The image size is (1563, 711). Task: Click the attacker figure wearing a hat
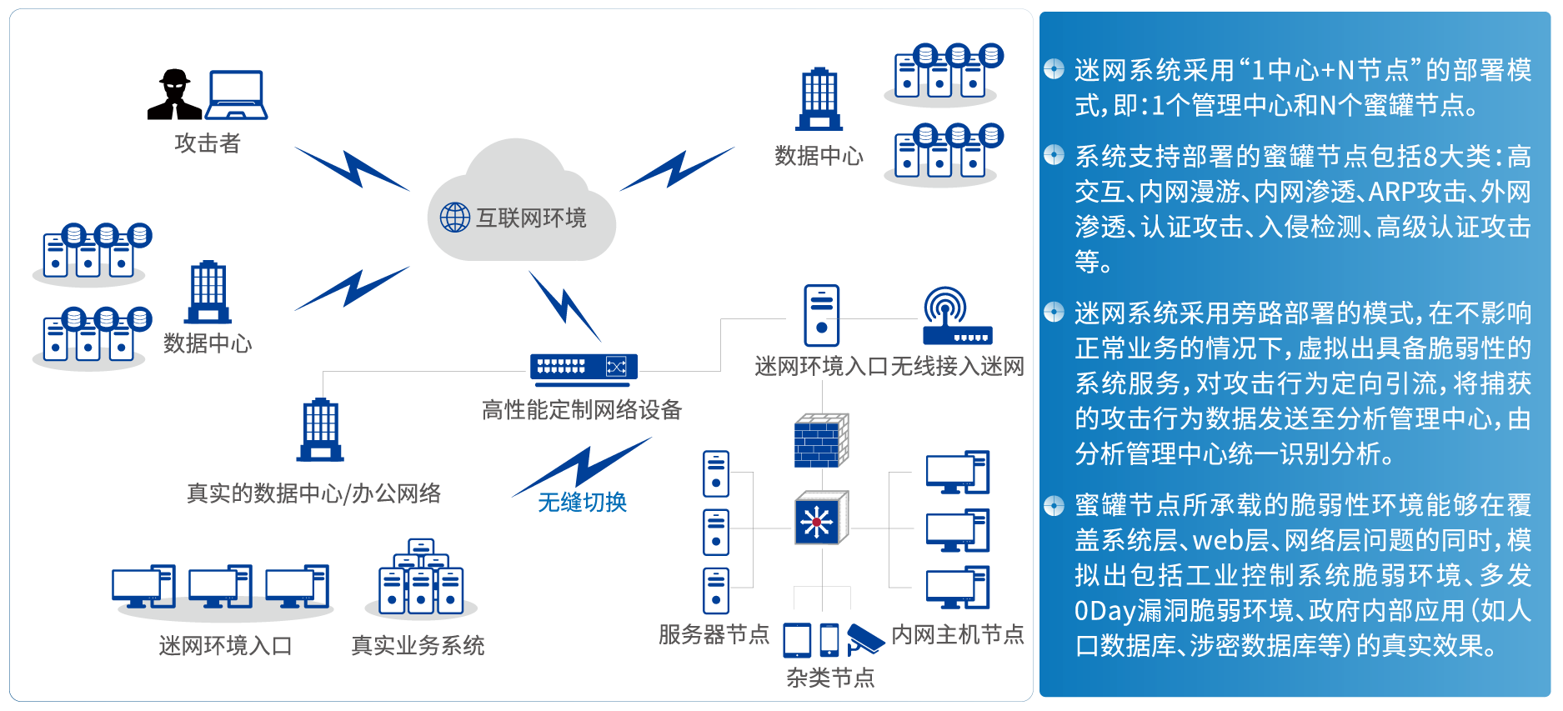click(x=174, y=95)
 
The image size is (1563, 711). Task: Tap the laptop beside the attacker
click(x=237, y=95)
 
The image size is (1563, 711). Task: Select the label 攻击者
click(x=207, y=143)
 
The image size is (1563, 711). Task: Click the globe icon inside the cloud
click(x=455, y=218)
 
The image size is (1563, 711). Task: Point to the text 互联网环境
click(x=531, y=218)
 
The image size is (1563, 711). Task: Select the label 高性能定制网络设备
click(x=582, y=410)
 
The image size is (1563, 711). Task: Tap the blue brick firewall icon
click(x=821, y=440)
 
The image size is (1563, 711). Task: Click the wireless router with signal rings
click(x=956, y=318)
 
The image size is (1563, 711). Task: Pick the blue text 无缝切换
click(x=582, y=502)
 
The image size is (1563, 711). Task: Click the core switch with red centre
click(x=820, y=518)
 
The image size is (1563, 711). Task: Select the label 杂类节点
click(x=830, y=678)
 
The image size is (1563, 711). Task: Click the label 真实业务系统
click(x=418, y=645)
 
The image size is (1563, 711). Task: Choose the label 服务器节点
click(x=714, y=635)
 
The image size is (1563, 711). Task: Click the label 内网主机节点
click(x=957, y=635)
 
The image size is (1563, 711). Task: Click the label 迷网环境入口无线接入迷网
click(x=889, y=367)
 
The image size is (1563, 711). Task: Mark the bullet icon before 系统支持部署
click(x=1054, y=154)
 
